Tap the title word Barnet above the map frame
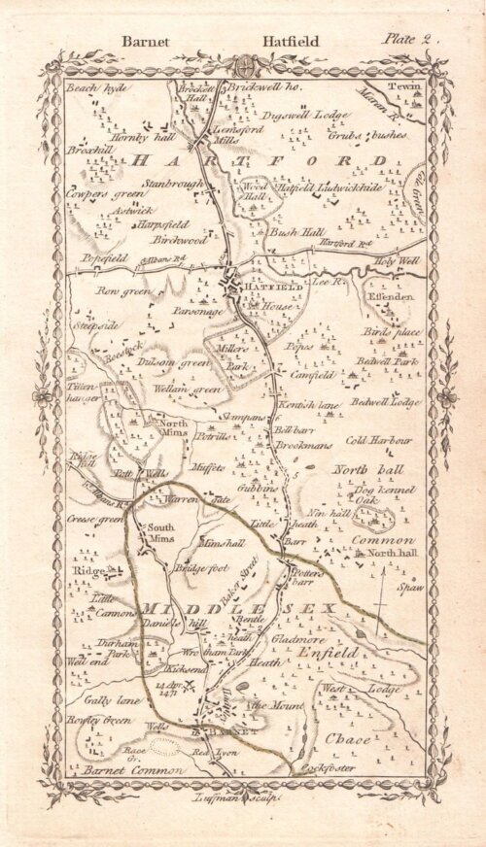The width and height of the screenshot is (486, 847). (x=145, y=42)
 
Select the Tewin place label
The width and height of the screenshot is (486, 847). (x=400, y=87)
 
